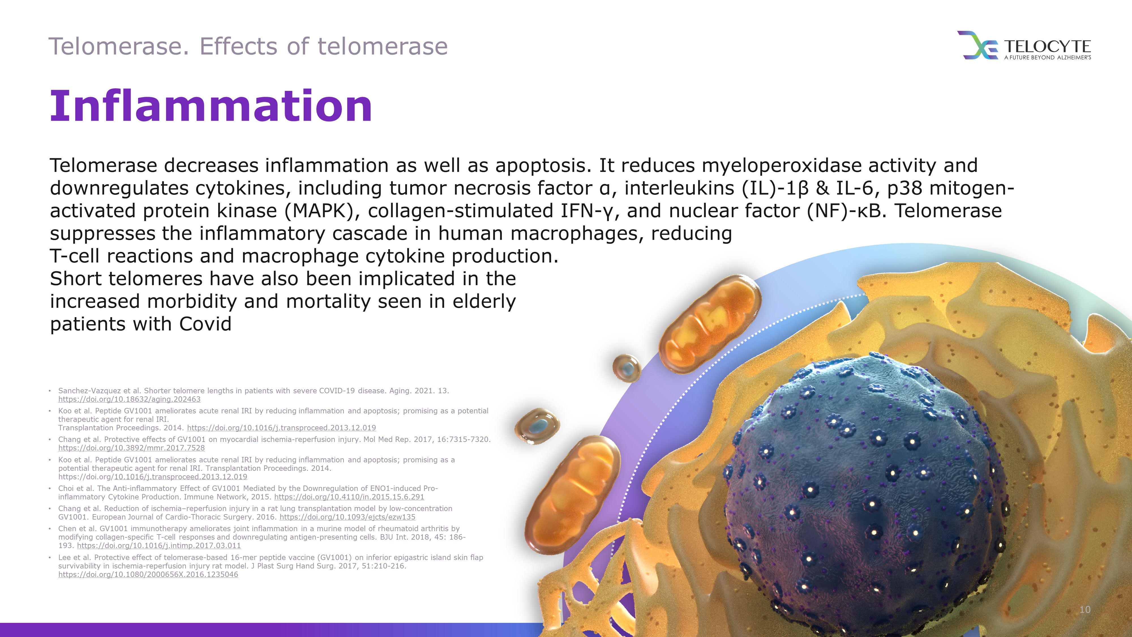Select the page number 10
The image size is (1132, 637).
1085,609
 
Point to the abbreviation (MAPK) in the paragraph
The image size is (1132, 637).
319,211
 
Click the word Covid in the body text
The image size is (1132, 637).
205,324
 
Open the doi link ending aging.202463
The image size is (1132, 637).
129,399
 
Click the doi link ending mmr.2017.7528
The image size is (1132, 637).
131,448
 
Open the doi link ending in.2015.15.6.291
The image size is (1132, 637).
349,497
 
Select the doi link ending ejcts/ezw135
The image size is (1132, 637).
347,517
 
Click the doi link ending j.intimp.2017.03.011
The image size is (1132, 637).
159,546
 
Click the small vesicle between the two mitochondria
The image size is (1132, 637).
627,367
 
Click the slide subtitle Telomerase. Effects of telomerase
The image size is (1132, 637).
248,46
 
